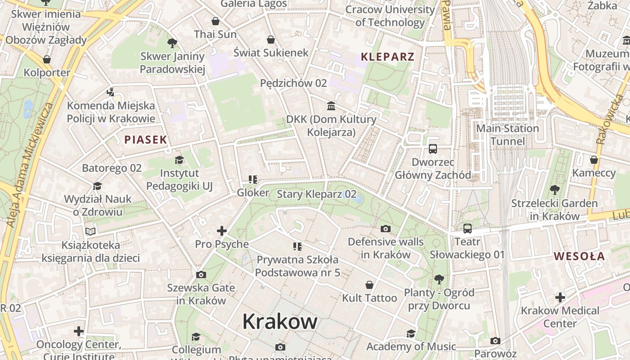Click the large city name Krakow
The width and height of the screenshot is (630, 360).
tap(280, 321)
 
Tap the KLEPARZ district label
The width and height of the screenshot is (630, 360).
tap(387, 57)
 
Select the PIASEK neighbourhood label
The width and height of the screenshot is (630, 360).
tap(146, 139)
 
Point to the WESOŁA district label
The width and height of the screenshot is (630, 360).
tap(579, 256)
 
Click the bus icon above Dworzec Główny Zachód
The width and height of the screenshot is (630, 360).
tap(433, 148)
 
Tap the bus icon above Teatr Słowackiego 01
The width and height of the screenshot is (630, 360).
tap(468, 229)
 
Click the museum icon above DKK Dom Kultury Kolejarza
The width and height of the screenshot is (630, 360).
tap(332, 106)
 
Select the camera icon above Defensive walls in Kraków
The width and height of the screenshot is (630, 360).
tap(386, 229)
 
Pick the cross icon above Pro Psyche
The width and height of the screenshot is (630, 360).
tap(222, 231)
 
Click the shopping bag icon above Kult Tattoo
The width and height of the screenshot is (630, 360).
tap(369, 285)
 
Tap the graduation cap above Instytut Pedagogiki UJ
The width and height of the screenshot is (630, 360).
tap(180, 160)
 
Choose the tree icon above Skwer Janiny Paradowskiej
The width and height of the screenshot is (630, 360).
tap(172, 43)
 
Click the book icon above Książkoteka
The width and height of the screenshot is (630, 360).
tap(90, 231)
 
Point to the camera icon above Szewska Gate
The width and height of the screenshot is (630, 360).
tap(201, 274)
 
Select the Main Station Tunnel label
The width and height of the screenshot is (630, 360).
tap(508, 135)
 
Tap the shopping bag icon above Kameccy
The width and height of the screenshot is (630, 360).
tap(594, 160)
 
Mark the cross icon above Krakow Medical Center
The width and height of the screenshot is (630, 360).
tap(560, 297)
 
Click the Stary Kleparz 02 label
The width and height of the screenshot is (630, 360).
tap(316, 194)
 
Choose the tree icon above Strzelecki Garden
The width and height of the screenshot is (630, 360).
tap(555, 190)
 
